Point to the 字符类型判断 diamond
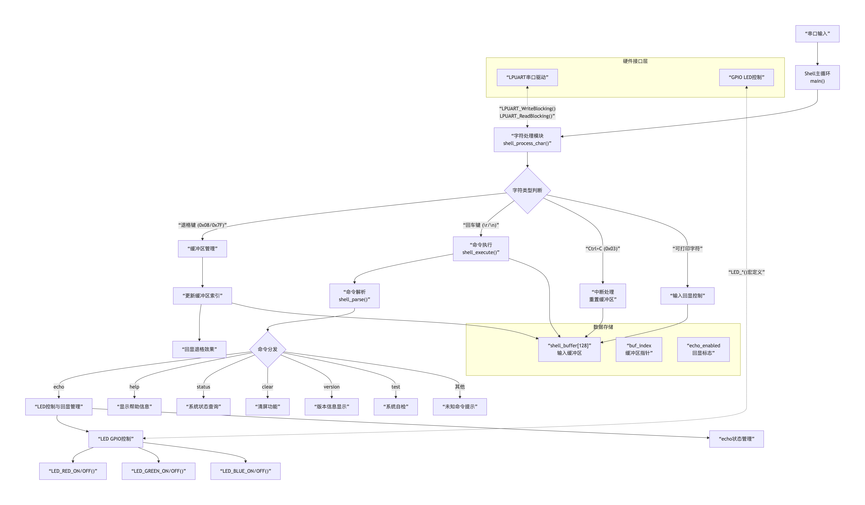coord(527,190)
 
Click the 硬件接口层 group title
coord(635,61)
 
